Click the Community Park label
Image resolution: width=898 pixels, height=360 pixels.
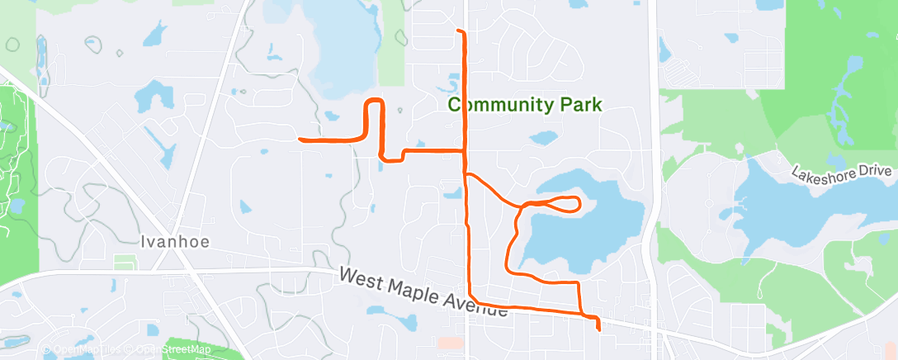pos(525,105)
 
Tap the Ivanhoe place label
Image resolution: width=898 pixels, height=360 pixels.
pos(174,242)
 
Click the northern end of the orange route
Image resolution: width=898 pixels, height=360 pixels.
pos(459,31)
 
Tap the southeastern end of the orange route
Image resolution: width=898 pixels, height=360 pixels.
pos(598,329)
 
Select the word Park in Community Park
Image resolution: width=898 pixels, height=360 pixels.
pos(579,105)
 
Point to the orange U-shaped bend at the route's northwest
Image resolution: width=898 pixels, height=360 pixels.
pos(374,102)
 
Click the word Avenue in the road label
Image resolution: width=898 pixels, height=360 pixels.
pos(480,309)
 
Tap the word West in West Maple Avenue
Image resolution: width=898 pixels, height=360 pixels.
pos(361,278)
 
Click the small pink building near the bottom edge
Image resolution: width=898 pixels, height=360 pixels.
pos(451,342)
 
